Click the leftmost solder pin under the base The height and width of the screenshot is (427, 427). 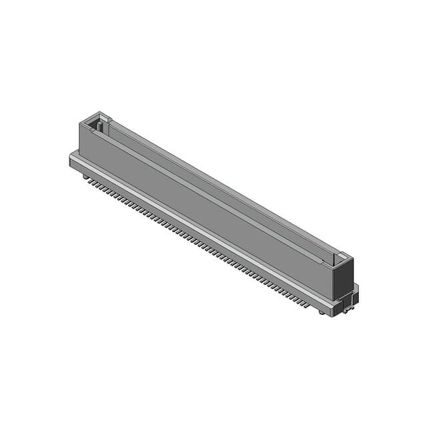(x=85, y=177)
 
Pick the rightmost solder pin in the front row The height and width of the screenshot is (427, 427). (x=308, y=305)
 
